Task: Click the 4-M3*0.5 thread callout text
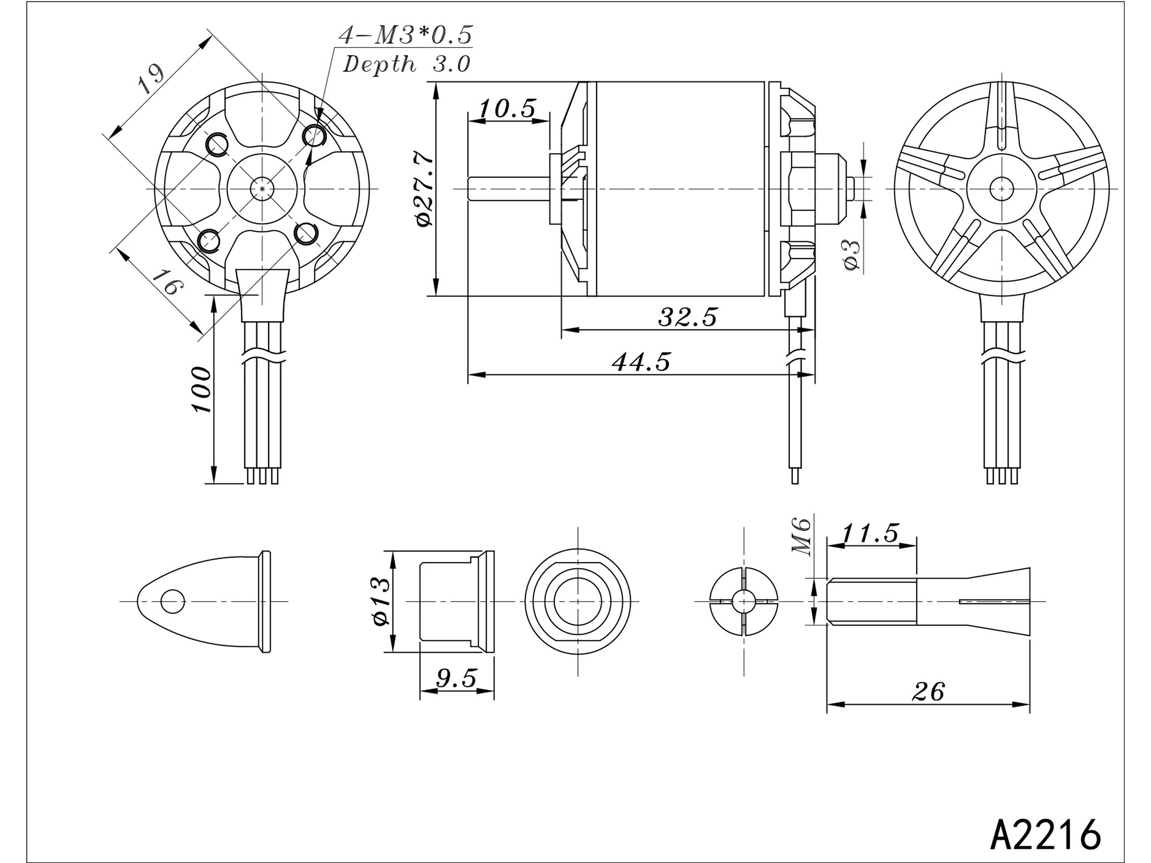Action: (406, 35)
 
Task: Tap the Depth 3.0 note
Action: (406, 64)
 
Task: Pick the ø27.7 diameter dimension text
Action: (424, 188)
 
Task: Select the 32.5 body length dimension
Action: (688, 316)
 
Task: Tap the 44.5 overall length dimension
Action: (641, 362)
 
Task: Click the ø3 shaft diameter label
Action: (851, 255)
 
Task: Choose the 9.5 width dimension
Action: (456, 679)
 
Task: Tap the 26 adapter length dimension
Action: (928, 692)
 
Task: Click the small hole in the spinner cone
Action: (173, 602)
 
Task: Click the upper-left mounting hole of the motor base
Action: (217, 144)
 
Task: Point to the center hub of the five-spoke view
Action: (1001, 188)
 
